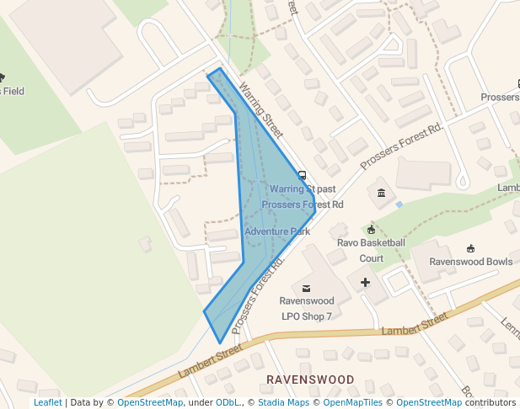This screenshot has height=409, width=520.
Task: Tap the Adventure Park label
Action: point(277,231)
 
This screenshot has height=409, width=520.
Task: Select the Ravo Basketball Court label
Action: point(371,250)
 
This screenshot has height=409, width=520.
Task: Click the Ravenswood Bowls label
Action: point(470,262)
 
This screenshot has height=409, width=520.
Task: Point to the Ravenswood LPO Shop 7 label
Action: point(306,308)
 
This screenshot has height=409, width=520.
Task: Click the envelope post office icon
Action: point(306,289)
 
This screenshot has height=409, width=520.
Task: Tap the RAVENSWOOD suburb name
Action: point(310,380)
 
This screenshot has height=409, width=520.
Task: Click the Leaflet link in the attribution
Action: point(47,402)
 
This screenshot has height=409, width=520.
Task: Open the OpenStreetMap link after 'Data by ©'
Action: point(149,402)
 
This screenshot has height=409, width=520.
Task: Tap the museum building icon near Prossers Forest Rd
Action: point(382,194)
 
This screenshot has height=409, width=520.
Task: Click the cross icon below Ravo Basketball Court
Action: point(365,282)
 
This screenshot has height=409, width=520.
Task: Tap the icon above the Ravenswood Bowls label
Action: point(470,249)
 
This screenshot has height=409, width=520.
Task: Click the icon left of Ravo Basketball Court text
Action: point(371,230)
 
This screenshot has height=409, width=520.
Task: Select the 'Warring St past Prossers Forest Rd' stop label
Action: point(303,196)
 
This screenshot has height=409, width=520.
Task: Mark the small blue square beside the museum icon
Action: point(399,204)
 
